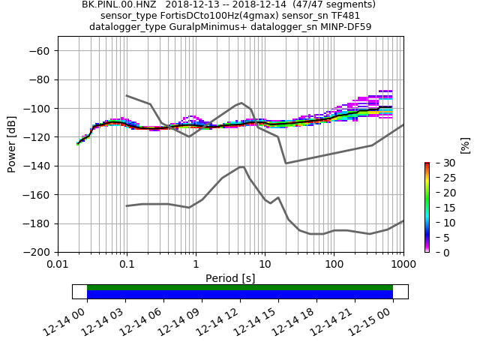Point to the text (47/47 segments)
(334, 4)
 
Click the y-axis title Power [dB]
(12, 144)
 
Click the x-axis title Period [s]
(230, 278)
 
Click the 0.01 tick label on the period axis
(58, 265)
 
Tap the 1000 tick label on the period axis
(403, 265)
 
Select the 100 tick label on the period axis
(334, 265)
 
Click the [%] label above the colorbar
(465, 145)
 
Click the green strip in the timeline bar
(240, 287)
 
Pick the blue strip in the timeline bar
(240, 295)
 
